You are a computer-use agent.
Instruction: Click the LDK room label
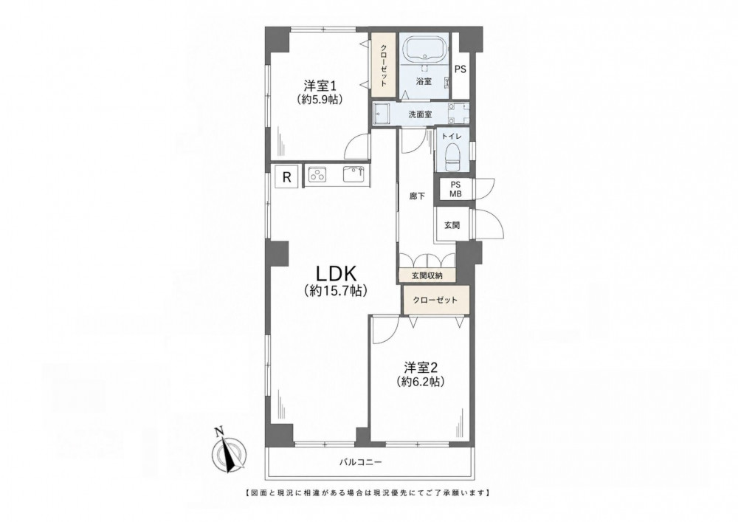coord(335,273)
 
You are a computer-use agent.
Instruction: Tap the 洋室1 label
coord(319,86)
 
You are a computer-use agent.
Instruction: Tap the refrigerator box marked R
coord(286,177)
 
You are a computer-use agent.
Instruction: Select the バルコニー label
coord(361,462)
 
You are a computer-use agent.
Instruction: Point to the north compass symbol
coord(229,450)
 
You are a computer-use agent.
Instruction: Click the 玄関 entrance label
coord(452,225)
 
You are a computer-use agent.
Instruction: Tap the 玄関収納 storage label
coord(427,276)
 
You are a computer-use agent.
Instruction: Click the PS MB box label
coord(455,189)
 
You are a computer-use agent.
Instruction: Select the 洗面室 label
coord(420,114)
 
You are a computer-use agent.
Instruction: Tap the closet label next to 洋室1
coord(384,66)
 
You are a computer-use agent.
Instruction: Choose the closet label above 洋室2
coord(435,300)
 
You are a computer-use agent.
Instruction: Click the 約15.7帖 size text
coord(335,291)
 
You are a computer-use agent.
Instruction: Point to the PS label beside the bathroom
coord(461,69)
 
